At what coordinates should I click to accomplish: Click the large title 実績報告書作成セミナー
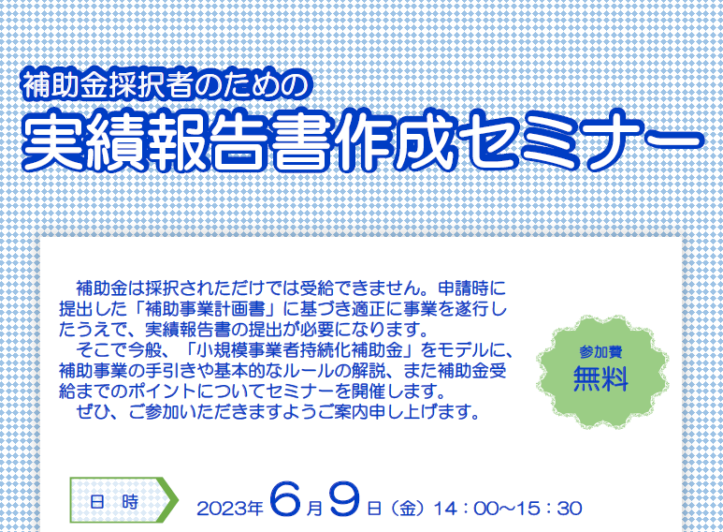[x=363, y=140]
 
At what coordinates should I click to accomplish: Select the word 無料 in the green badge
[x=600, y=378]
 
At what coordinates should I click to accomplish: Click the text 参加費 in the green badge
[x=600, y=352]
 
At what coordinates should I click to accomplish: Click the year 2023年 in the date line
[x=230, y=509]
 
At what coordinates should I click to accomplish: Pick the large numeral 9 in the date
[x=344, y=498]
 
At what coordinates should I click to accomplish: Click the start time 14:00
[x=467, y=509]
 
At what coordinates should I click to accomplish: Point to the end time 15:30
[x=549, y=509]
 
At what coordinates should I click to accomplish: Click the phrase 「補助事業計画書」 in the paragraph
[x=206, y=308]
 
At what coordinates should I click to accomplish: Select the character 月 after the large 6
[x=314, y=509]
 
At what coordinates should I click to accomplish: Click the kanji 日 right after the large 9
[x=374, y=509]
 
